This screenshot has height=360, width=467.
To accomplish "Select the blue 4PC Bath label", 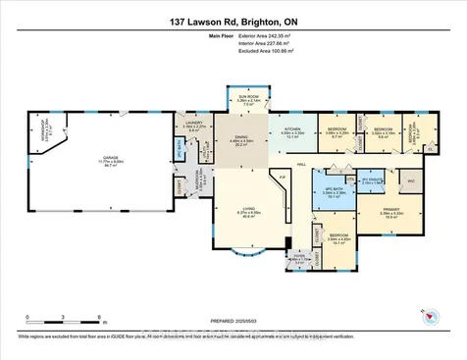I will (x=335, y=192).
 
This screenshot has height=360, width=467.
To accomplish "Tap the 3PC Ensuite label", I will (x=370, y=180).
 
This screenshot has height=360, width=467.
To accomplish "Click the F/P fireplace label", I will (x=283, y=178).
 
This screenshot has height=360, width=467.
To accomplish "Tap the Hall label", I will (x=303, y=166).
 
